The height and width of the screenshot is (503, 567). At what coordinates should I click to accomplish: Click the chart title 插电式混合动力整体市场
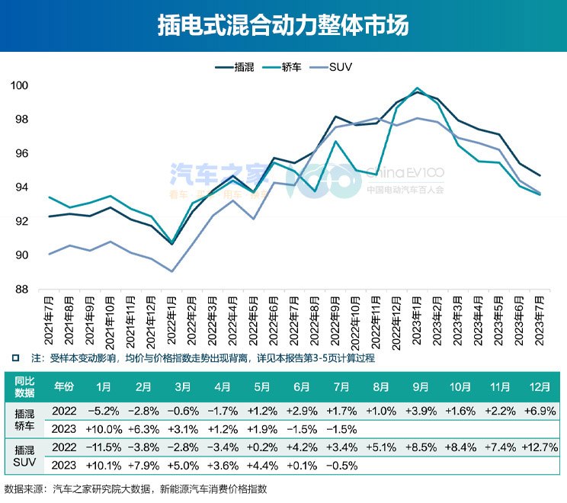(x=283, y=26)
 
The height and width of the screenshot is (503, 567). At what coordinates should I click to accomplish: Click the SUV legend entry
(x=340, y=67)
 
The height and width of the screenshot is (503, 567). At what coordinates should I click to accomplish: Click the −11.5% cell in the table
(x=104, y=446)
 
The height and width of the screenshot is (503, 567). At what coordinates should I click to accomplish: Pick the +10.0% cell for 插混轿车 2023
(x=104, y=428)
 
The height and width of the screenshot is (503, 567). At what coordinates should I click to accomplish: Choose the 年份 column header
(x=63, y=386)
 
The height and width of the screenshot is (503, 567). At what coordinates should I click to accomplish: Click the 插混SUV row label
(x=24, y=455)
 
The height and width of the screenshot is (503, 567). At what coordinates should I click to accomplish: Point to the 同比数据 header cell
(x=24, y=386)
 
